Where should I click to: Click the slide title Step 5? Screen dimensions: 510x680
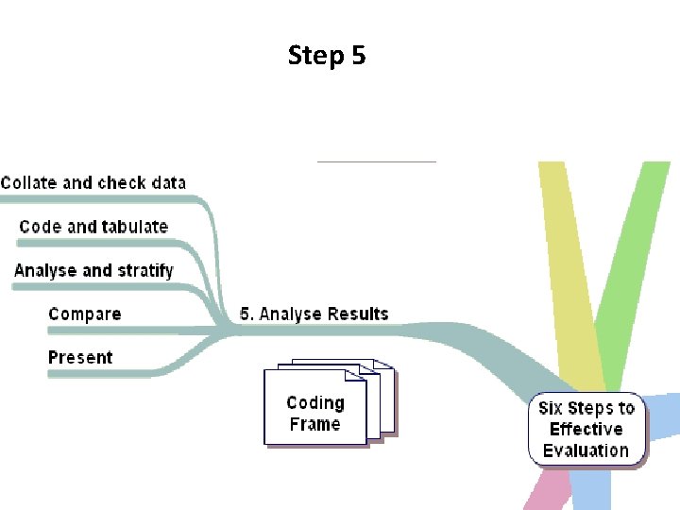point(327,56)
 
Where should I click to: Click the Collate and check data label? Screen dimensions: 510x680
point(93,182)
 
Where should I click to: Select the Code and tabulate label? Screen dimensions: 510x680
point(93,227)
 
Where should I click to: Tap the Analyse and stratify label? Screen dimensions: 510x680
point(93,270)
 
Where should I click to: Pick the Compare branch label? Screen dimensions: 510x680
point(84,314)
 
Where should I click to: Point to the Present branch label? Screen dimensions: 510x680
point(80,357)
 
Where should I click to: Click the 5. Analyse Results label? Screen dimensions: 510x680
point(314,314)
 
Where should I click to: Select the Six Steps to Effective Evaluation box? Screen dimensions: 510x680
point(586,430)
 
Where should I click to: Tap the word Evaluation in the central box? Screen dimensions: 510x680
point(586,450)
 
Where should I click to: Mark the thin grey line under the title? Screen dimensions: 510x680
point(376,161)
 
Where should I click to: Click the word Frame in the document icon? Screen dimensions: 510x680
point(315,424)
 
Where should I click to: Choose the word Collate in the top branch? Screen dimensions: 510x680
point(29,182)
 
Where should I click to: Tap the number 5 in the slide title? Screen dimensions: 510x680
point(358,56)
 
